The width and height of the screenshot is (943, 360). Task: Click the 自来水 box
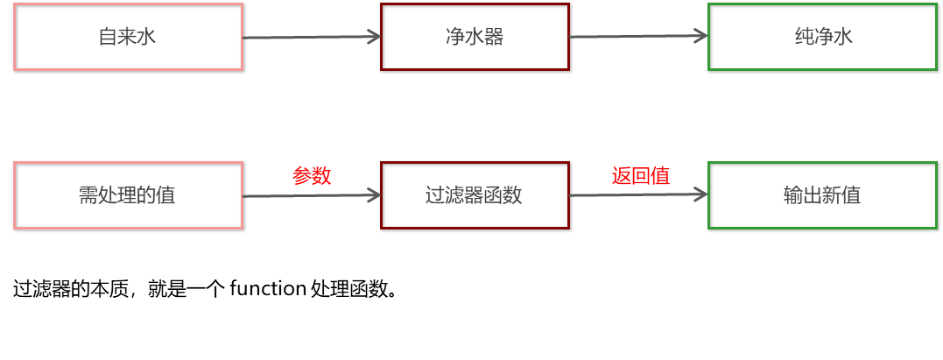(x=128, y=37)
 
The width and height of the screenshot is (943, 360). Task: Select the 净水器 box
(x=475, y=37)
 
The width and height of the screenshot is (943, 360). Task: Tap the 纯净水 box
(x=822, y=37)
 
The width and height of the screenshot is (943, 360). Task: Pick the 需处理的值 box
(x=128, y=195)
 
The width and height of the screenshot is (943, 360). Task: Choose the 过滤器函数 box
(x=475, y=195)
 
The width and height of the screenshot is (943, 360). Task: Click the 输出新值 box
(x=822, y=195)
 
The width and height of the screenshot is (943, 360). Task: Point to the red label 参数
(x=312, y=176)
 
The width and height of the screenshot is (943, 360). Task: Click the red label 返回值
(x=641, y=176)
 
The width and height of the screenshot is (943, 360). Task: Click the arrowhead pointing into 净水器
(x=375, y=37)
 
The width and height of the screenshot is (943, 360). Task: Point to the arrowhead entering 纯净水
(x=701, y=36)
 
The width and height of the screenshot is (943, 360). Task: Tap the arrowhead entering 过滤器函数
(x=375, y=195)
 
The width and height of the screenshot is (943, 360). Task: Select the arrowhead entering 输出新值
(x=701, y=194)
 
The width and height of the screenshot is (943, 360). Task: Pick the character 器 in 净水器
(x=495, y=37)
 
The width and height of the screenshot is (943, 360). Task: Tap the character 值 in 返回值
(x=661, y=176)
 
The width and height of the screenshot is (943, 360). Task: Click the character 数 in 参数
(x=321, y=176)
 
